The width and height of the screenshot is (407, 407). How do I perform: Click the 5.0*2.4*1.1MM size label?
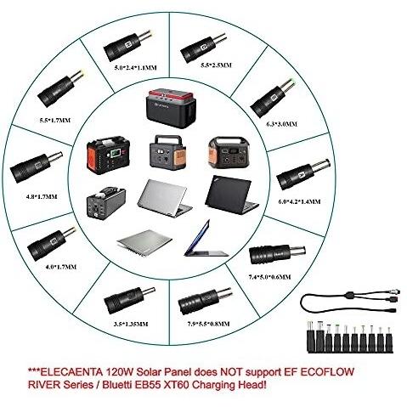[x=136, y=67]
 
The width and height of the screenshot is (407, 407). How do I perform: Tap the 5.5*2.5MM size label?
[x=216, y=65]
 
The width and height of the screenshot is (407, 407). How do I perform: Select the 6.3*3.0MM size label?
[x=282, y=124]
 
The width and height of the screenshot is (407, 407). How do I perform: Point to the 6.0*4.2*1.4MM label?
[x=299, y=201]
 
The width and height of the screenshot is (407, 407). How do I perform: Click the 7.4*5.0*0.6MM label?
[x=269, y=277]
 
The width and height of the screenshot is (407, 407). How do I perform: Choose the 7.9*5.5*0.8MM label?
[x=208, y=324]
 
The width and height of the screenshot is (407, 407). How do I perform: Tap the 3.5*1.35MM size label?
[x=131, y=324]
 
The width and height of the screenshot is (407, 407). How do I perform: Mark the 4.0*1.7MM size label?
[x=61, y=267]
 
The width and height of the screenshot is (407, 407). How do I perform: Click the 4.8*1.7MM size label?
[x=42, y=196]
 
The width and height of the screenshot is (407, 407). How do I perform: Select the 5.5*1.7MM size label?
[x=54, y=120]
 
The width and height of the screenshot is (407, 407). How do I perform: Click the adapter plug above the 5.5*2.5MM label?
[x=203, y=45]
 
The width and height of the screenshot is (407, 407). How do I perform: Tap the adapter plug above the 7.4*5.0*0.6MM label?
[x=277, y=254]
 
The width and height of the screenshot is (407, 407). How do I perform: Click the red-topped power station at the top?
[x=171, y=109]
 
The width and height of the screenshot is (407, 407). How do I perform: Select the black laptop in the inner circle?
[x=231, y=195]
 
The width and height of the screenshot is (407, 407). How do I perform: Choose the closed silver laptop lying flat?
[x=144, y=243]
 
